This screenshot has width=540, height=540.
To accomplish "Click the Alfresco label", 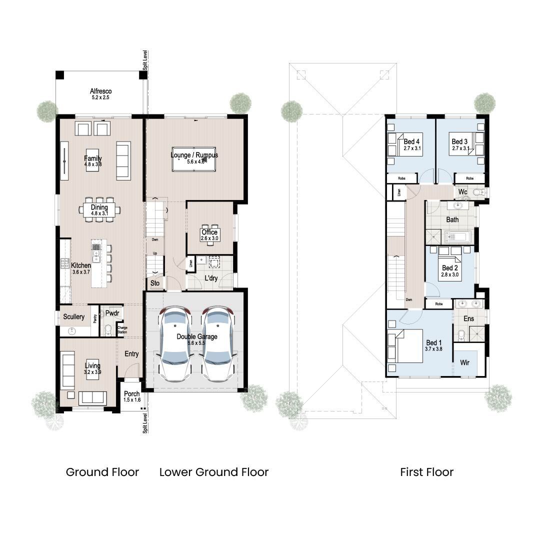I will tap(100, 91).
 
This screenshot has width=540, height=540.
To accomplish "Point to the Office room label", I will tap(209, 232).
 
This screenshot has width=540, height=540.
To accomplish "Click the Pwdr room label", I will tap(112, 313).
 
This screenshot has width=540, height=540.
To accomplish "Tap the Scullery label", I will tap(73, 317).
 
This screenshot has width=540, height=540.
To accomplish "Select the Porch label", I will tap(131, 394).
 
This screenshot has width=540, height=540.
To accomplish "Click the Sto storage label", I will tap(155, 283).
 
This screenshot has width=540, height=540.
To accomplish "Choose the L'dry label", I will tap(210, 278).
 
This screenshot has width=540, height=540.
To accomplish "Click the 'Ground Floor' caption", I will tap(102, 472).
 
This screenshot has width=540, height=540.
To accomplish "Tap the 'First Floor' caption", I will tap(426, 472).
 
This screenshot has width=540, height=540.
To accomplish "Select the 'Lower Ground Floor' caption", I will tap(214, 472).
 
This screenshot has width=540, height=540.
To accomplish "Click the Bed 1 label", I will tap(433, 343).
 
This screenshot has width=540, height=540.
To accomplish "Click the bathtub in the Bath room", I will tap(457, 236).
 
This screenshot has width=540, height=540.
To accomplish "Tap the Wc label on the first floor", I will tap(462, 191).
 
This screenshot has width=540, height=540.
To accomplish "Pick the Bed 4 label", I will tap(411, 141).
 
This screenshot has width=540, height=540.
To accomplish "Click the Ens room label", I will tap(468, 318).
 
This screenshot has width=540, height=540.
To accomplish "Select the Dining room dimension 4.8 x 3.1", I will tap(99, 213).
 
